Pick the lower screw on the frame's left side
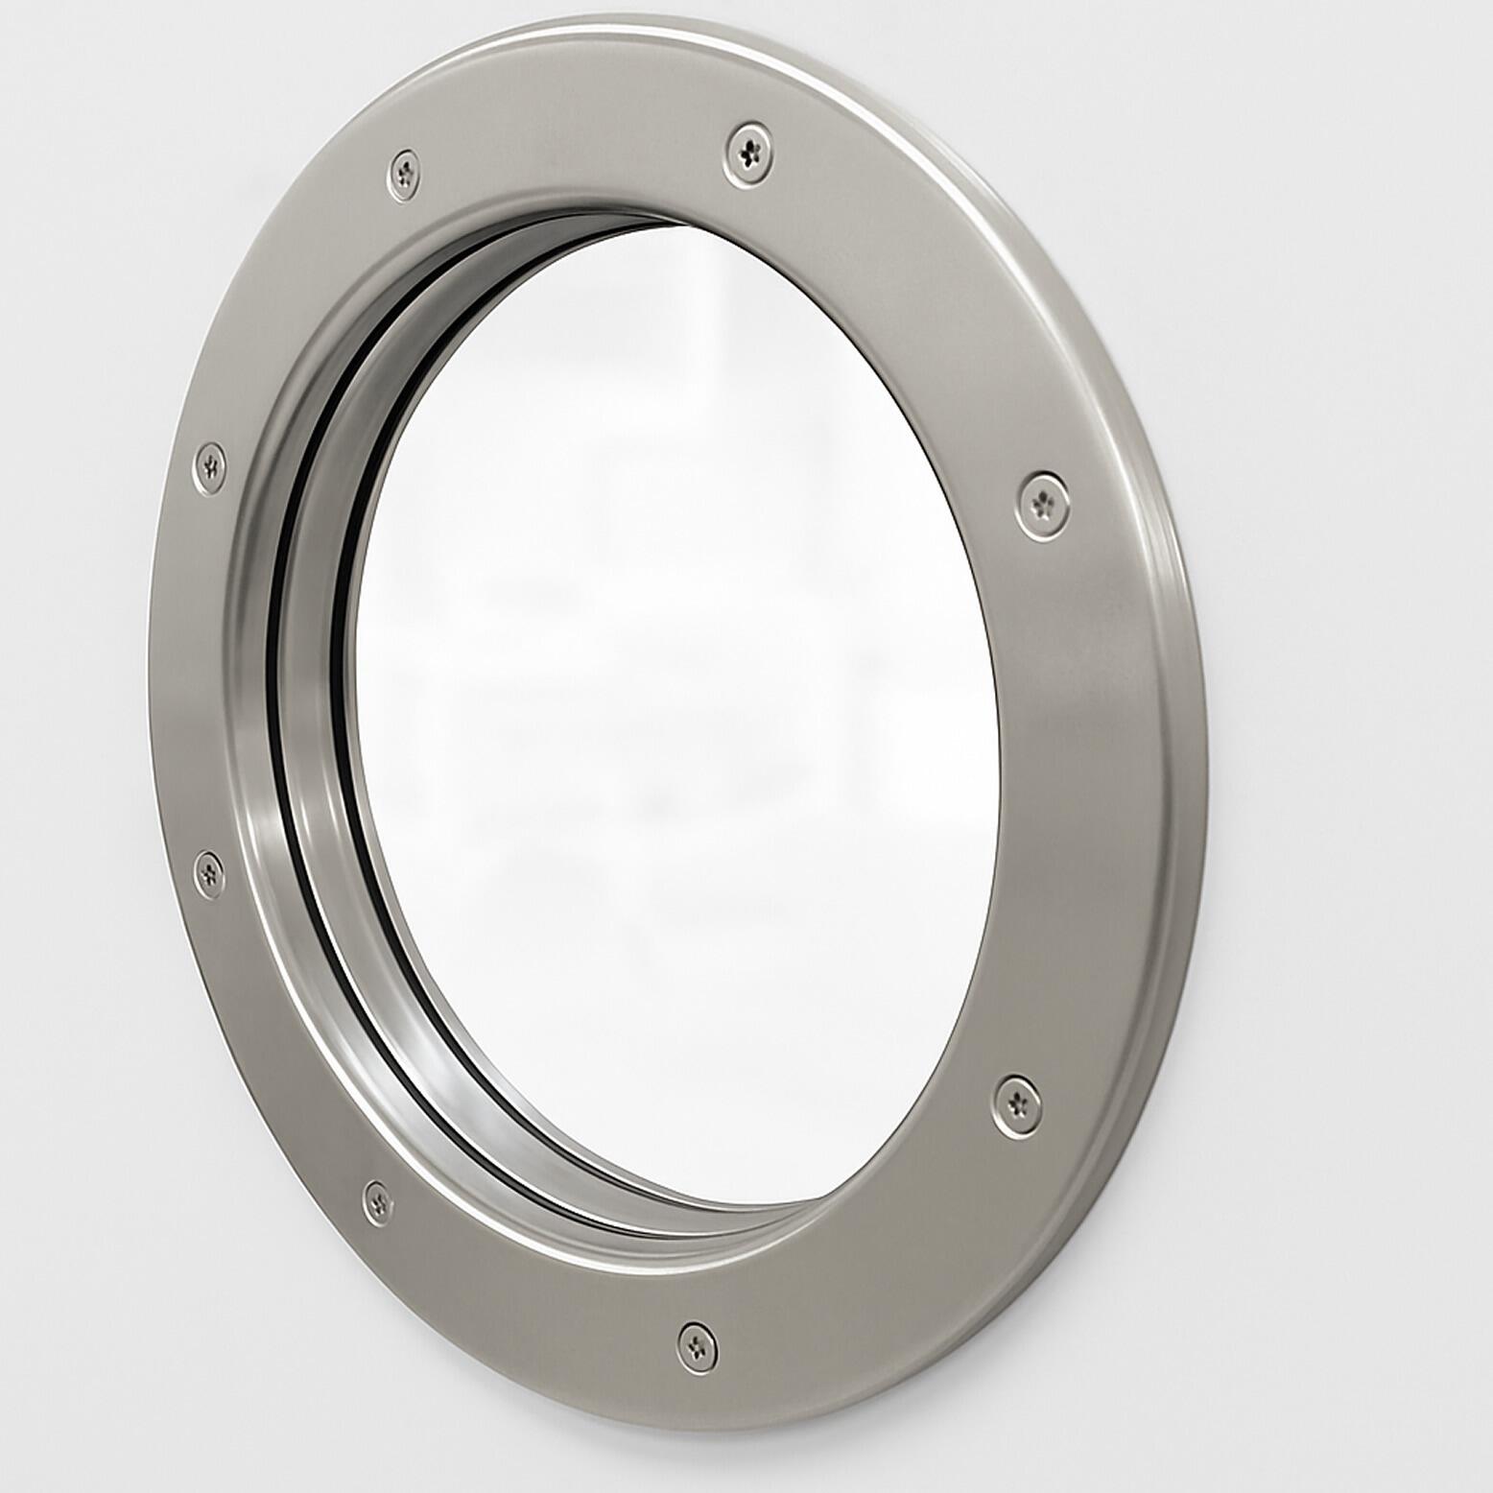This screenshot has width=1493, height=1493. coord(208,872)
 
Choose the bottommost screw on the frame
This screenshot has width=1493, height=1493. coord(697,1345)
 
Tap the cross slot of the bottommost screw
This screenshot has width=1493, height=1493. coord(697,1345)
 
